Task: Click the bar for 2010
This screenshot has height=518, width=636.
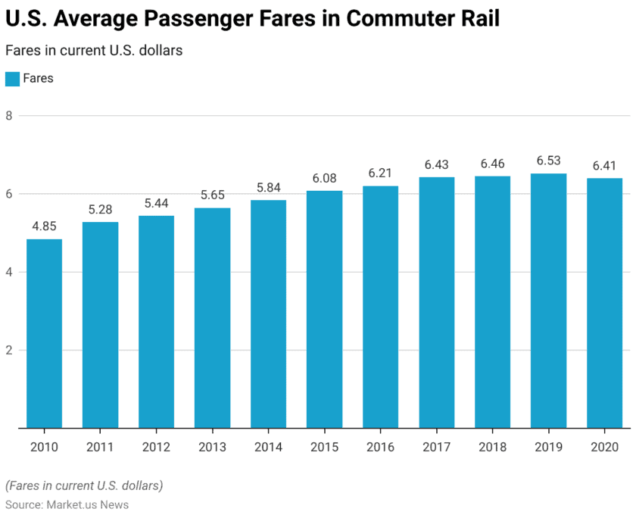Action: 44,333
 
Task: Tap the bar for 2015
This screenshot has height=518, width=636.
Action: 324,309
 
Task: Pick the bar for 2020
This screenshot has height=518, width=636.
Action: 604,303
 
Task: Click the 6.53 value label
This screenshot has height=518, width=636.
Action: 548,161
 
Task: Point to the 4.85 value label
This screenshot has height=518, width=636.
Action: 44,226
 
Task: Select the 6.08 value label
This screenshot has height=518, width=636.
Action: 324,178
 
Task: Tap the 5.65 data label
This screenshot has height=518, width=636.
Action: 212,195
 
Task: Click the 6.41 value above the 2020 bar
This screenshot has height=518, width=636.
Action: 604,166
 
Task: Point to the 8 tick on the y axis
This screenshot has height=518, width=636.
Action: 9,116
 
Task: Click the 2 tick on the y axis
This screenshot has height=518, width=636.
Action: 9,350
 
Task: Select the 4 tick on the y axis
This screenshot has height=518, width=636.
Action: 9,272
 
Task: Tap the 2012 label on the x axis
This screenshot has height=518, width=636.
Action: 156,448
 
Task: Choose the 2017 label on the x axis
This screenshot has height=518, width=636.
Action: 436,448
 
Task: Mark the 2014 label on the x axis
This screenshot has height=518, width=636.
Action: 268,448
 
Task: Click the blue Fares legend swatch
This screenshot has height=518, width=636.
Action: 12,79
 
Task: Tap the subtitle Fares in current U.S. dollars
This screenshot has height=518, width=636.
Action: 94,51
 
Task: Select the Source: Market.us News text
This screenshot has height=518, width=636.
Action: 67,504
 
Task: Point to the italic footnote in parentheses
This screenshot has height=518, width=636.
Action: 84,485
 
